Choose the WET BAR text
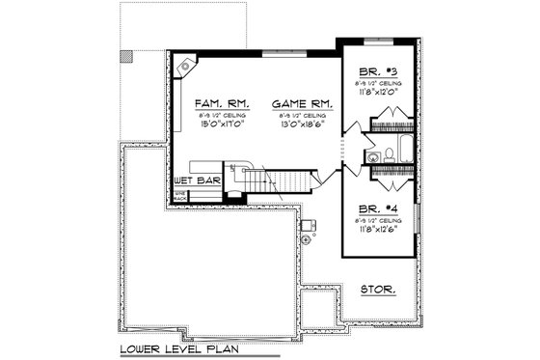[x=198, y=180]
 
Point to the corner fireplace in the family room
[x=185, y=65]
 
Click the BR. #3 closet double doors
[x=390, y=126]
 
